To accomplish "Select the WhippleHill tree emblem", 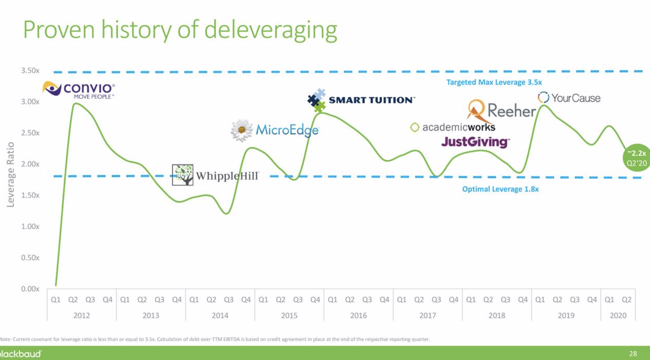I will tap(182, 175).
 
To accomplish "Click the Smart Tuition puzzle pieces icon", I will tap(316, 100).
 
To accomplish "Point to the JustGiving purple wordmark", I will tap(475, 142).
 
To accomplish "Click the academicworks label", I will tap(454, 127).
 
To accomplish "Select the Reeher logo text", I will tap(511, 110).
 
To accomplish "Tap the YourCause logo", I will tap(569, 98).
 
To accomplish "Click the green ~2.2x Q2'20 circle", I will tap(636, 158).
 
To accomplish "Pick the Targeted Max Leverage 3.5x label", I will tap(494, 82).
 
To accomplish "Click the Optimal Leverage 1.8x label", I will tap(500, 189).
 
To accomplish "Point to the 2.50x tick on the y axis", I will tap(30, 133).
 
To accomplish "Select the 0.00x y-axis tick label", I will tap(30, 289).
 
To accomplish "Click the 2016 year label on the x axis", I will tap(358, 315).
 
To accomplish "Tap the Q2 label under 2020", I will tap(627, 300).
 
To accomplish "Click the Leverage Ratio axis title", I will tap(10, 175).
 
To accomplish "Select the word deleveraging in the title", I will tap(270, 30).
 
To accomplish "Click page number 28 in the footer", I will tap(633, 354).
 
